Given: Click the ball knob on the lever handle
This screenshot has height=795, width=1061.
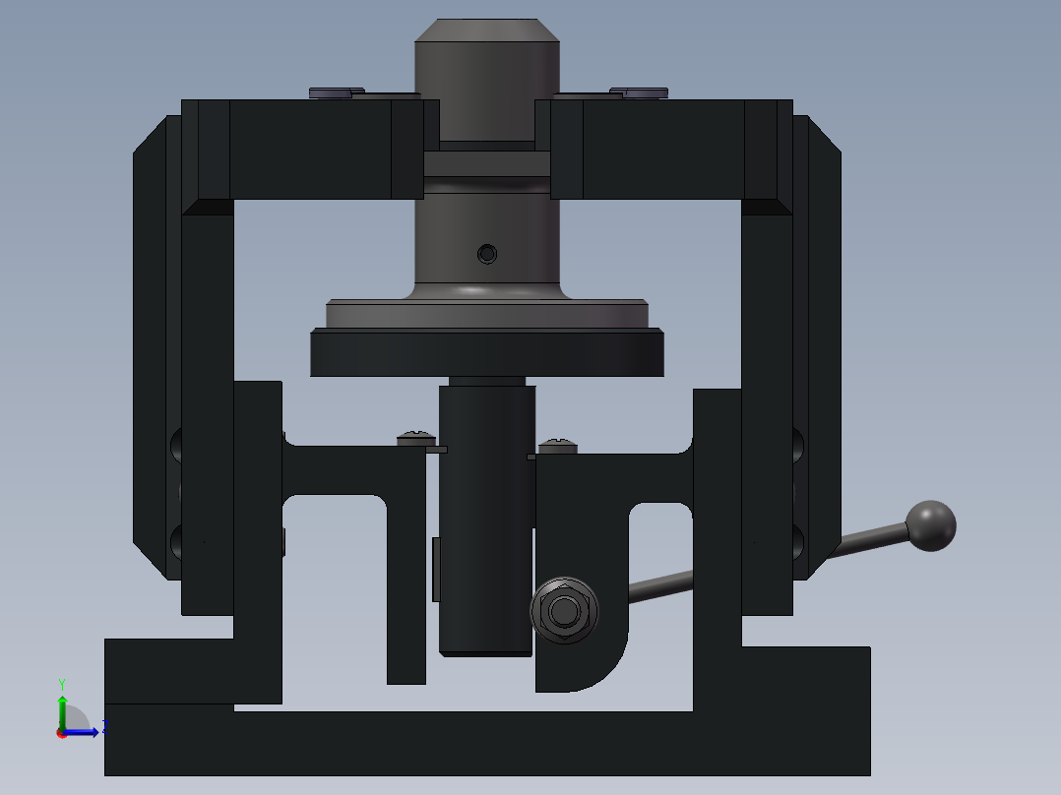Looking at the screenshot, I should coord(930,525).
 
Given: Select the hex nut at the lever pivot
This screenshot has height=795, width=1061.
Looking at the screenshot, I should coord(563,611).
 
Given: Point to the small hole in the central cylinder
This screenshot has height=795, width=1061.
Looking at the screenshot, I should coord(486,255).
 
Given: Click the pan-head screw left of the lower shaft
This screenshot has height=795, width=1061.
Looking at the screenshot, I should coord(415,438).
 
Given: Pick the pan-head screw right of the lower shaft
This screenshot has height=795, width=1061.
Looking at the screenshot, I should coord(557,447).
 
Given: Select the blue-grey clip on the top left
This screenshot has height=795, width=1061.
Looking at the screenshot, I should coord(336,92).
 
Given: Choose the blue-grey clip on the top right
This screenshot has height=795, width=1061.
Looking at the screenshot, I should coord(639,92).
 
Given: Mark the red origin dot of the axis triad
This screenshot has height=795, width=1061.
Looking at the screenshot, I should coord(61,732).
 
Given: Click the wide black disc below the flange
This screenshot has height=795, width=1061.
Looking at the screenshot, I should coord(487,353).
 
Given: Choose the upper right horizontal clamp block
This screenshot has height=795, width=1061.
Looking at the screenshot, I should coord(664,148).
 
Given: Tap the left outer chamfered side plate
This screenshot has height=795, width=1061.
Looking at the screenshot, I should coord(150,344).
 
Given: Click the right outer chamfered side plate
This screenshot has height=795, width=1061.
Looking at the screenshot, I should coord(825,344).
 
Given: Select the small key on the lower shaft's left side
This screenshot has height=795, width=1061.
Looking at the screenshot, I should coord(436,569).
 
